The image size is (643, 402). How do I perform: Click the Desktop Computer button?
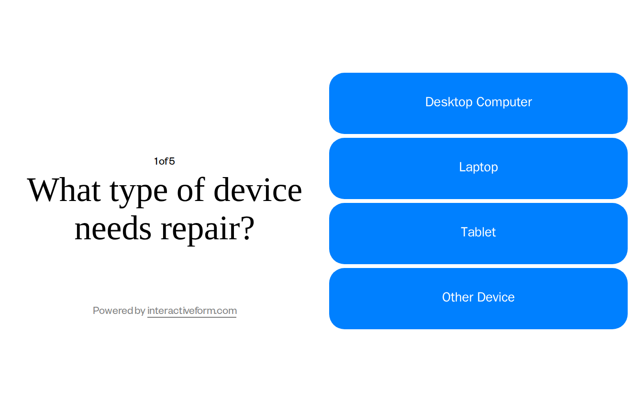tap(478, 103)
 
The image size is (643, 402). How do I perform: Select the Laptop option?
tap(478, 168)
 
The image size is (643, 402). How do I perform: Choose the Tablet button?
tap(478, 234)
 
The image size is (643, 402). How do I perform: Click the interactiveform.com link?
tap(192, 311)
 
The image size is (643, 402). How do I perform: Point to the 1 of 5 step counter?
tap(164, 161)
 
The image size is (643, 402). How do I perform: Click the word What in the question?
tap(64, 190)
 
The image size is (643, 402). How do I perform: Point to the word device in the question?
tap(258, 190)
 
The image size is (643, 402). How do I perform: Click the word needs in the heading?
tap(113, 229)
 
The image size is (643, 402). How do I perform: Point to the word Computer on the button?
tap(504, 102)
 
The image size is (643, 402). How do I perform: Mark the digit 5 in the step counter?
tap(172, 161)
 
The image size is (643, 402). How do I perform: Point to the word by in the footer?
tap(140, 311)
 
